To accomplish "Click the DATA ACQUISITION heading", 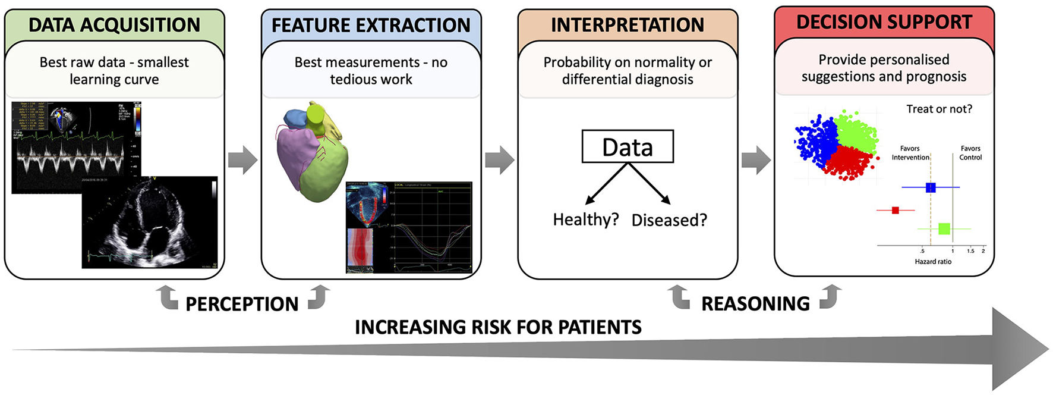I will point(114,25).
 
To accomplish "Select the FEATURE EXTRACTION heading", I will point(371,25).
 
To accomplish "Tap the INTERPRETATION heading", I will point(628,25).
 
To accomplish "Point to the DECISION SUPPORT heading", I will point(884,22).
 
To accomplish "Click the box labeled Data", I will point(628,146).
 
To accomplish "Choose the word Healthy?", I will point(585,220).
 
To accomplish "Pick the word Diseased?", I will point(669,220).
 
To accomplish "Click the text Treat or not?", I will point(939,109).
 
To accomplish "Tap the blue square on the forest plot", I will point(931,187).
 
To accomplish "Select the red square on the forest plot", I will point(896,210).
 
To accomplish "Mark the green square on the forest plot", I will point(944,228).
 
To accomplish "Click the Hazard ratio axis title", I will point(933,262).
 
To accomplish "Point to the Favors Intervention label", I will point(910,153).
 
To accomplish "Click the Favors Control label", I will point(970,153).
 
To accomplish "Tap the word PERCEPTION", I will point(242,304).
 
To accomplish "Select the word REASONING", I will point(755,303).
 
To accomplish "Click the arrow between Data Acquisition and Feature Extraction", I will point(242,159).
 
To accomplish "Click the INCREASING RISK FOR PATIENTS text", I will point(498,327).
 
